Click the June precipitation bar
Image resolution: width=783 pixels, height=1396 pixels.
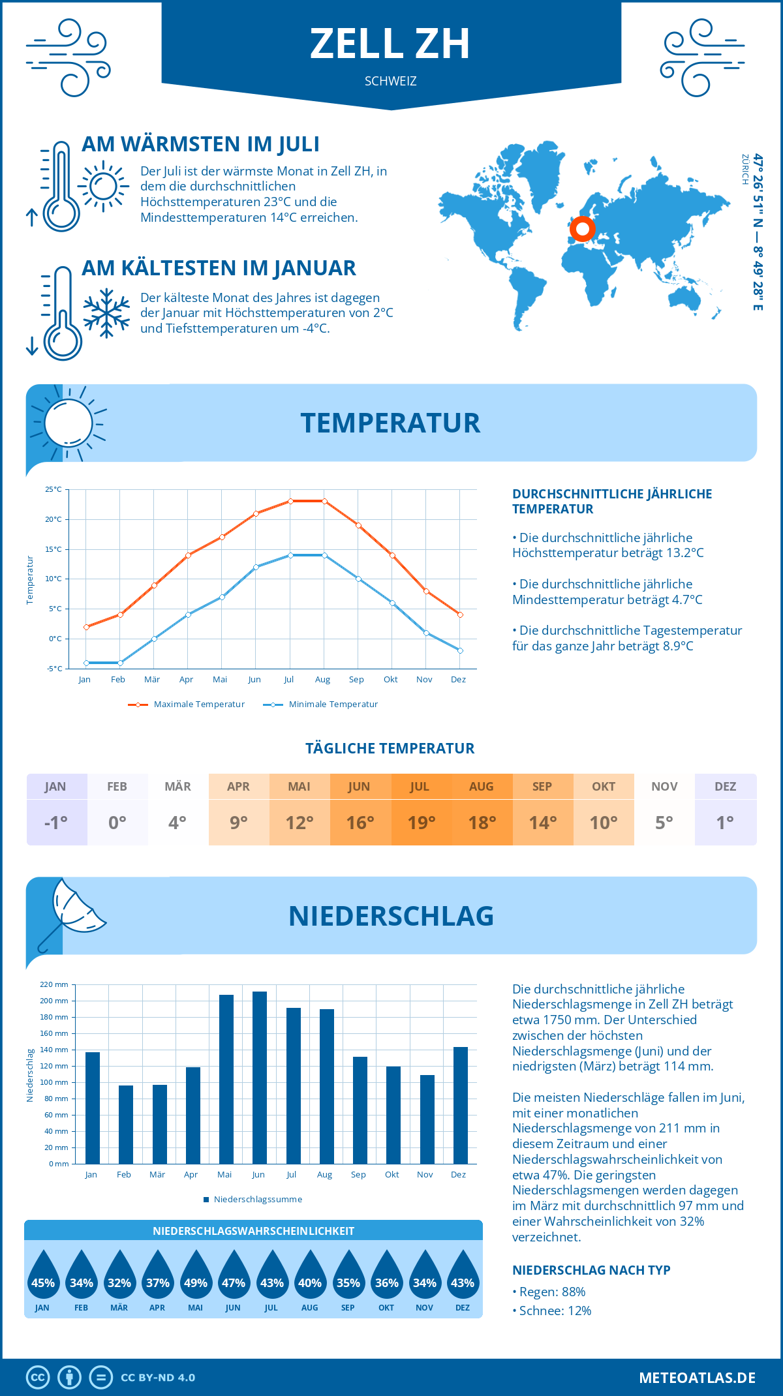[x=260, y=1078]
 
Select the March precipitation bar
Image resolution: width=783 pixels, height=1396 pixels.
[x=160, y=1124]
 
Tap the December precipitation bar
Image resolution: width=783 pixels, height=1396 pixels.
[x=461, y=1105]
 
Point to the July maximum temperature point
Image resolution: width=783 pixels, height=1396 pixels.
[x=290, y=501]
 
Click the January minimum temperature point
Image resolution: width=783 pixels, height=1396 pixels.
[x=86, y=663]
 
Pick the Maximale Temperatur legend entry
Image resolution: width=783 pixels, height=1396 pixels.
[x=187, y=705]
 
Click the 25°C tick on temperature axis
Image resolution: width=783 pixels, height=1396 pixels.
[x=54, y=489]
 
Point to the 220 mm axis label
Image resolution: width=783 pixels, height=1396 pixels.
[x=54, y=984]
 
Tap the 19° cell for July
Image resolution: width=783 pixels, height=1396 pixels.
[x=421, y=823]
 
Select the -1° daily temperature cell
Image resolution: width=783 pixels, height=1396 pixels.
[x=56, y=823]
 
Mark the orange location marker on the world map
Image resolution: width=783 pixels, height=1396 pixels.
[x=582, y=229]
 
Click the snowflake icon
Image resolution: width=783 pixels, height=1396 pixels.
[x=106, y=313]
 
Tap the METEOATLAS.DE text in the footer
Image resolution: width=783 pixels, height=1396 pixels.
[x=697, y=1378]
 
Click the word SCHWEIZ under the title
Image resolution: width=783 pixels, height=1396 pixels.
[x=390, y=82]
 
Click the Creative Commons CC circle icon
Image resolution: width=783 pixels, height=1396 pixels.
[x=38, y=1378]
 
